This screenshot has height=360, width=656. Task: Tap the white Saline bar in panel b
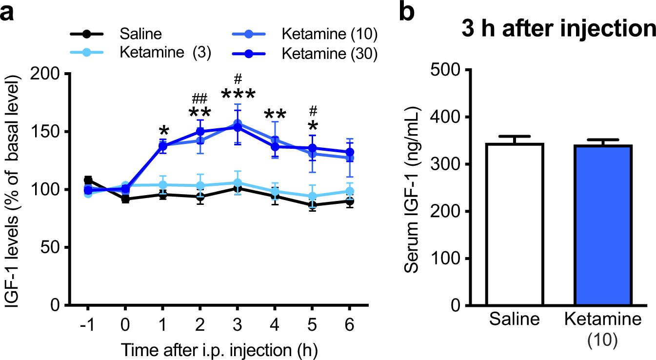(x=516, y=224)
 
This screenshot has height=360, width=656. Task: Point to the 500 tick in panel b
(x=443, y=70)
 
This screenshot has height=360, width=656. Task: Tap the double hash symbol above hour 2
(x=200, y=98)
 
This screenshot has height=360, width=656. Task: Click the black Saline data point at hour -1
(x=88, y=180)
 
